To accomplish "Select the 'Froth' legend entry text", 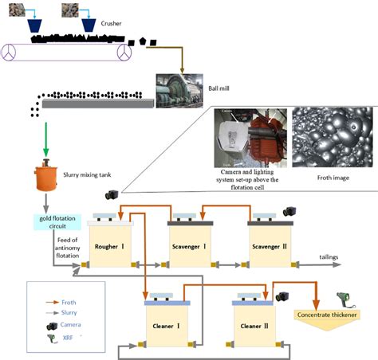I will [69, 302].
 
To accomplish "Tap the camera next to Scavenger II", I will [311, 212].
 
